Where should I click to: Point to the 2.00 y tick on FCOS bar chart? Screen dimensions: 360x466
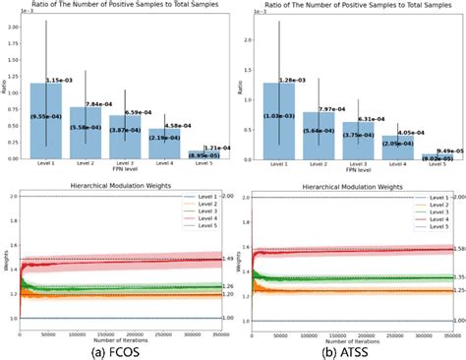11,26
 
